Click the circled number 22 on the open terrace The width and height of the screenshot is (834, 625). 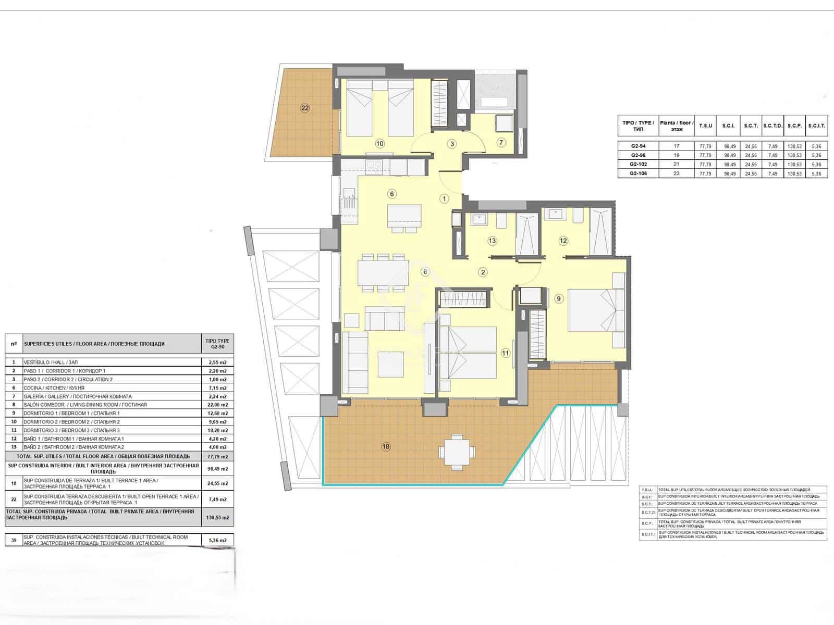[x=305, y=108]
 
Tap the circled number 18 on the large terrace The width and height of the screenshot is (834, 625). [x=386, y=446]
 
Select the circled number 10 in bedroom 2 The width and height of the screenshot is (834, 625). [x=380, y=143]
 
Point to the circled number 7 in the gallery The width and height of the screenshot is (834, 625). [x=501, y=142]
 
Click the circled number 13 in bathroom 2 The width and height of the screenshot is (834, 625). [x=492, y=241]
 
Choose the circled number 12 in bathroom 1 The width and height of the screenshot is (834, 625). [x=563, y=241]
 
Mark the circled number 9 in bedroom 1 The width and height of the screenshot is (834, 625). [x=559, y=298]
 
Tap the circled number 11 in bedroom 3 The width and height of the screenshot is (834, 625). [x=505, y=353]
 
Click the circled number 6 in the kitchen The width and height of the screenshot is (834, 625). [x=392, y=194]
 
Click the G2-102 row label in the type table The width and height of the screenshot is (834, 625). [x=638, y=164]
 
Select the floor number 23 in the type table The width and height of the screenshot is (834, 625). [x=677, y=173]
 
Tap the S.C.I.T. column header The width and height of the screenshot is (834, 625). [x=816, y=126]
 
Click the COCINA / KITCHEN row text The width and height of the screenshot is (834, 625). [x=54, y=388]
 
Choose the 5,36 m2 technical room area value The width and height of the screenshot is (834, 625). [x=218, y=540]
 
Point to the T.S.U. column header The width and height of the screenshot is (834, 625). [x=706, y=126]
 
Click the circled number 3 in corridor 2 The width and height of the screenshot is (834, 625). [x=452, y=144]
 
